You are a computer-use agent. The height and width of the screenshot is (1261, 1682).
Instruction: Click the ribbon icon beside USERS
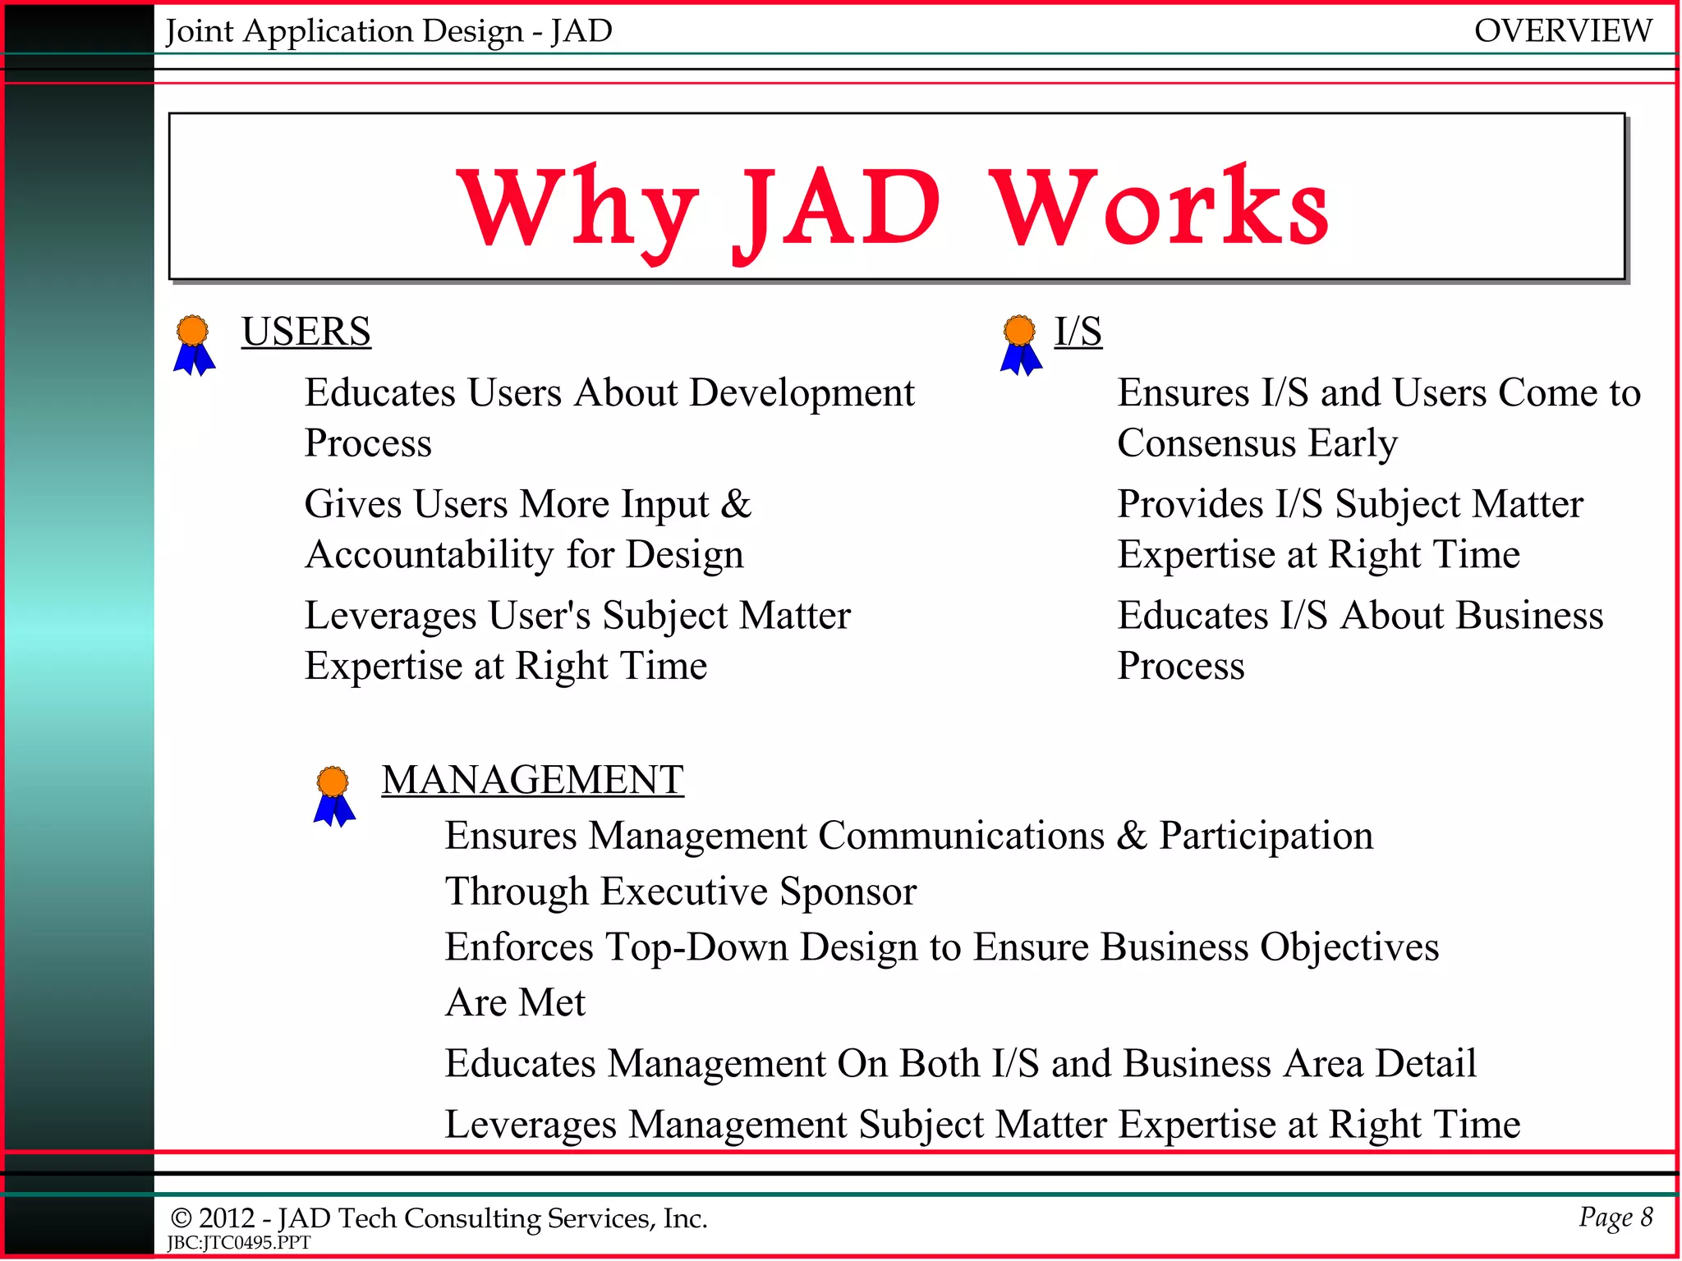pyautogui.click(x=194, y=345)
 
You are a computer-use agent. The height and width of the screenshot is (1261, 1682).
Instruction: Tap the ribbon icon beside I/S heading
pyautogui.click(x=1020, y=345)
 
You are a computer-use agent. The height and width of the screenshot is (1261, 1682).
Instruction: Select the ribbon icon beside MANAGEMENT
pyautogui.click(x=334, y=796)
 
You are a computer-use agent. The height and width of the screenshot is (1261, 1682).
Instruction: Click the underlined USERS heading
pyautogui.click(x=306, y=332)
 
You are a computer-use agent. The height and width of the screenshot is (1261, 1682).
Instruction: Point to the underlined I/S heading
pyautogui.click(x=1078, y=332)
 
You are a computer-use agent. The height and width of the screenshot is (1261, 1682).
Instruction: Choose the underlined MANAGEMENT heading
pyautogui.click(x=532, y=779)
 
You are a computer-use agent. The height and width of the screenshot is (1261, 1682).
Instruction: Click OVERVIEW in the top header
pyautogui.click(x=1562, y=31)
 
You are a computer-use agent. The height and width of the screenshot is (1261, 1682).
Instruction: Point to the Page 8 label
pyautogui.click(x=1615, y=1217)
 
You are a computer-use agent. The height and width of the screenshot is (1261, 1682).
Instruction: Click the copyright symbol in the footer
pyautogui.click(x=181, y=1218)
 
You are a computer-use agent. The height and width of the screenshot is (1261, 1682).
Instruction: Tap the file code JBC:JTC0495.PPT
pyautogui.click(x=239, y=1243)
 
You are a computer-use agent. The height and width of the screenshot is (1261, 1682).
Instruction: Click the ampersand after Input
pyautogui.click(x=735, y=503)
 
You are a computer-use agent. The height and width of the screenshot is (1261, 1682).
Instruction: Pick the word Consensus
pyautogui.click(x=1206, y=443)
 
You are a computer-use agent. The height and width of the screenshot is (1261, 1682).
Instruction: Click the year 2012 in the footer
pyautogui.click(x=227, y=1218)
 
